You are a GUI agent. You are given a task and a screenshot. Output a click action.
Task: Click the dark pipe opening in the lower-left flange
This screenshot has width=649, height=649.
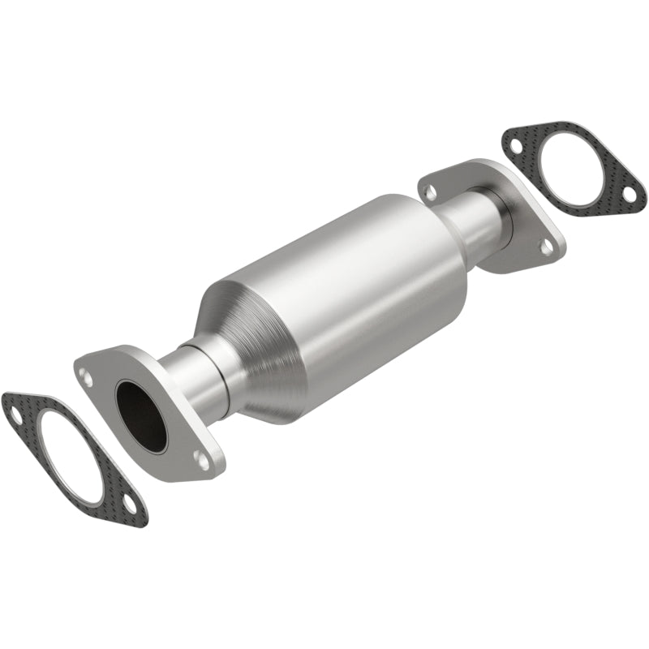141,415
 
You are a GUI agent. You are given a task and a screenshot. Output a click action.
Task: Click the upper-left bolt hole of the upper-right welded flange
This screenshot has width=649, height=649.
430,191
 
